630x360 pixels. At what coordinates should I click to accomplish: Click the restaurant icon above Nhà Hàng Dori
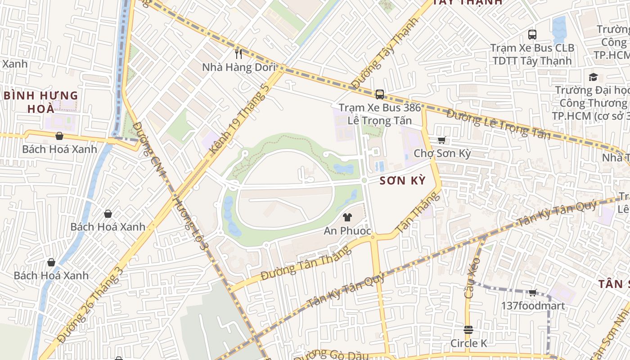(238, 54)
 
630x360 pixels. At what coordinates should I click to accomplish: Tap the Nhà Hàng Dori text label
(238, 67)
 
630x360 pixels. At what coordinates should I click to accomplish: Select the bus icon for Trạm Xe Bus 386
(380, 94)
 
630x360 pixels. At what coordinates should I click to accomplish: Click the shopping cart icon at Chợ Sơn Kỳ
(442, 140)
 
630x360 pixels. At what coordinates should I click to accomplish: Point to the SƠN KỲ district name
(402, 181)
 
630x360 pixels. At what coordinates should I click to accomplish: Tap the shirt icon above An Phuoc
(347, 217)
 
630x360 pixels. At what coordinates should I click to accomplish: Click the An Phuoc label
(347, 231)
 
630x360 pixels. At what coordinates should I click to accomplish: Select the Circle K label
(468, 343)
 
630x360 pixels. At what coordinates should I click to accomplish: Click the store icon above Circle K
(468, 330)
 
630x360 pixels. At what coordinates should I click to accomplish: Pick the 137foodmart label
(533, 306)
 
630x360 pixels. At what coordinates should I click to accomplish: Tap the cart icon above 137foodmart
(533, 293)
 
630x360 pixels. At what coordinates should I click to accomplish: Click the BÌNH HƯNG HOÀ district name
(41, 102)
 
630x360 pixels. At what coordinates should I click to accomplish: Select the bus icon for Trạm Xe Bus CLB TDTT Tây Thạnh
(532, 34)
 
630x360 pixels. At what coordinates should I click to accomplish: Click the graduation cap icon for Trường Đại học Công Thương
(593, 77)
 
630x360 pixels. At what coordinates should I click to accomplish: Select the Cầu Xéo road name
(472, 278)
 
